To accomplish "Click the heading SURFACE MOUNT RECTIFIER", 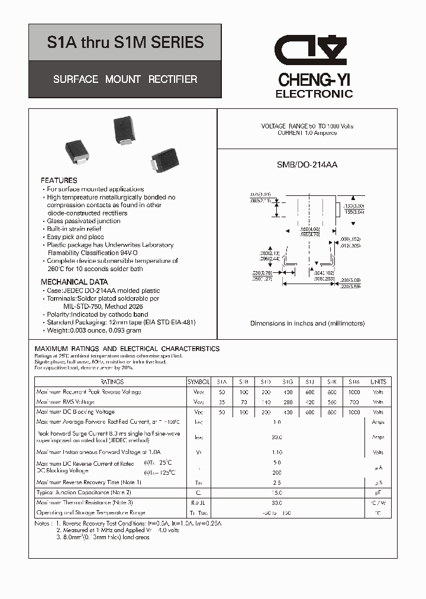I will click(125, 79).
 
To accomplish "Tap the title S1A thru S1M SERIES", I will click(125, 43).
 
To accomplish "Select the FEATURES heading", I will click(59, 180).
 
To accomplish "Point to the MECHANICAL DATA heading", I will click(75, 282).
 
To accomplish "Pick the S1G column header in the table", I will click(288, 382).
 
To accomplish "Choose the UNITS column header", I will click(378, 382).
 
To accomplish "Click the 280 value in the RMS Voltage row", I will click(288, 402).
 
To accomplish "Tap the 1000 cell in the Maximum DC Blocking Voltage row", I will click(354, 412).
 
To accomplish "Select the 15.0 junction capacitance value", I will click(276, 492).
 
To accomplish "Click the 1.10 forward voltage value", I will click(276, 452).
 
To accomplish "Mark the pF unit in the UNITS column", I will click(378, 492).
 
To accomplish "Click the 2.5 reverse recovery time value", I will click(276, 482).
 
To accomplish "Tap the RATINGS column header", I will click(112, 382).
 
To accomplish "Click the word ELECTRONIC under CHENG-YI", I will click(314, 94).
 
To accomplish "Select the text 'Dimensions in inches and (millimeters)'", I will click(307, 323).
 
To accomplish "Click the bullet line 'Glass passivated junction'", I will click(83, 221).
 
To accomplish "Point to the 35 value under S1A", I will click(222, 402).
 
